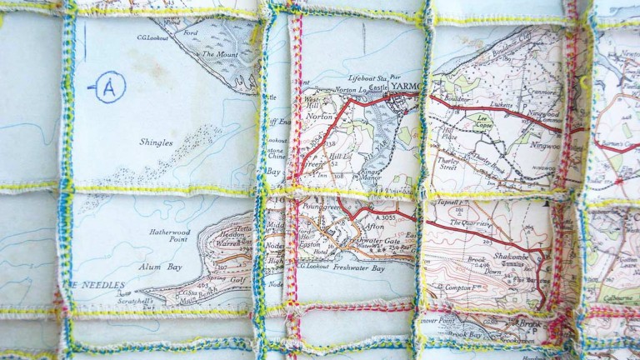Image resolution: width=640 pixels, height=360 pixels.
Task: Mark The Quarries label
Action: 467,223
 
